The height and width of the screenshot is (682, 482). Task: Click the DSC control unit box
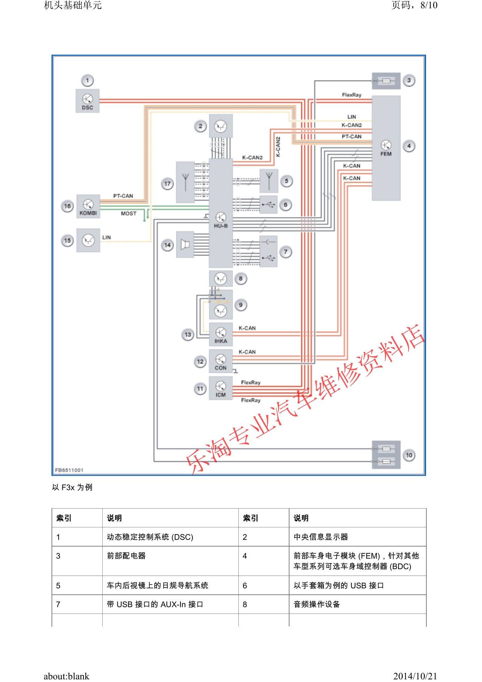[x=88, y=100]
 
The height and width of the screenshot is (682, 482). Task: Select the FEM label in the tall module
[x=386, y=154]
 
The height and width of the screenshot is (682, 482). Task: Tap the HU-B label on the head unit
[x=221, y=226]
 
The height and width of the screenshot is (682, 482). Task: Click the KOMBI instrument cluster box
[x=88, y=206]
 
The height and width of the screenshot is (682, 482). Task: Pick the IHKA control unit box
[x=221, y=334]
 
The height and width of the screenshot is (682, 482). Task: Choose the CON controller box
[x=221, y=362]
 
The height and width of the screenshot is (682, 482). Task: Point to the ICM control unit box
[x=221, y=389]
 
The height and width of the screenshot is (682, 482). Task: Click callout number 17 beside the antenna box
[x=167, y=184]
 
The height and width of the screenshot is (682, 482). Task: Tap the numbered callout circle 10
[x=409, y=455]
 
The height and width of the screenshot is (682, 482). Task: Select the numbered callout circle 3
[x=409, y=80]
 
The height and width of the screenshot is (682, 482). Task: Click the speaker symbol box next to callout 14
[x=185, y=245]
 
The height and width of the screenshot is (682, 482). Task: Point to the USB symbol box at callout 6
[x=268, y=205]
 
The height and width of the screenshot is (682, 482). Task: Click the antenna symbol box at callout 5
[x=269, y=181]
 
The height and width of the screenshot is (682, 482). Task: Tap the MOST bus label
[x=129, y=213]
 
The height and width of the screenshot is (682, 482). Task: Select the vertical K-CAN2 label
[x=278, y=147]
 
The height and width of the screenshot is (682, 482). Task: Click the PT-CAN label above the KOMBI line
[x=123, y=196]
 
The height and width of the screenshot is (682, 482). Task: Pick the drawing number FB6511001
[x=69, y=470]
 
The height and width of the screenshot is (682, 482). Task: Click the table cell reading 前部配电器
[x=126, y=556]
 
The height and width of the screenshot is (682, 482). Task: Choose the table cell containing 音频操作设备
[x=317, y=605]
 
